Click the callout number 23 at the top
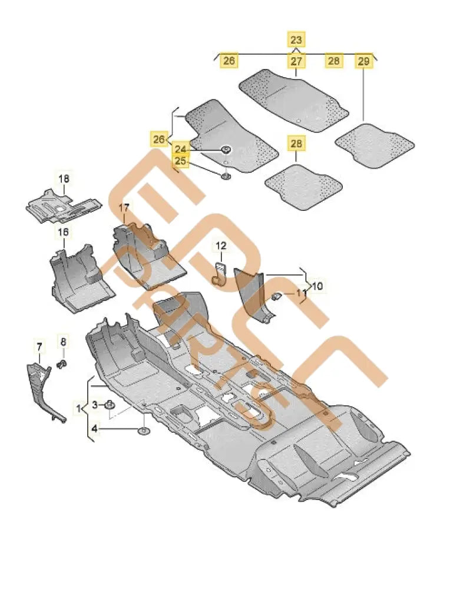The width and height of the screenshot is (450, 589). (296, 40)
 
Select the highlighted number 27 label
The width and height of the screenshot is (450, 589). (296, 61)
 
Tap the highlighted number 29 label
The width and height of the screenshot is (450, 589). (363, 61)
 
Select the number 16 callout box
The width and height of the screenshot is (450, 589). (62, 232)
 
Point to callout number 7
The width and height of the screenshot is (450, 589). (39, 346)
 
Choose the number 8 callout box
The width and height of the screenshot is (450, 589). (63, 341)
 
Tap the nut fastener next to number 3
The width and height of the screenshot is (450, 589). (111, 405)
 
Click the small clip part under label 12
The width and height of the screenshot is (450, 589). (220, 274)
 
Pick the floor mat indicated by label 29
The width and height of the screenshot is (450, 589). (375, 144)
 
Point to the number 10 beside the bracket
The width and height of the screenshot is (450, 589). (317, 286)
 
